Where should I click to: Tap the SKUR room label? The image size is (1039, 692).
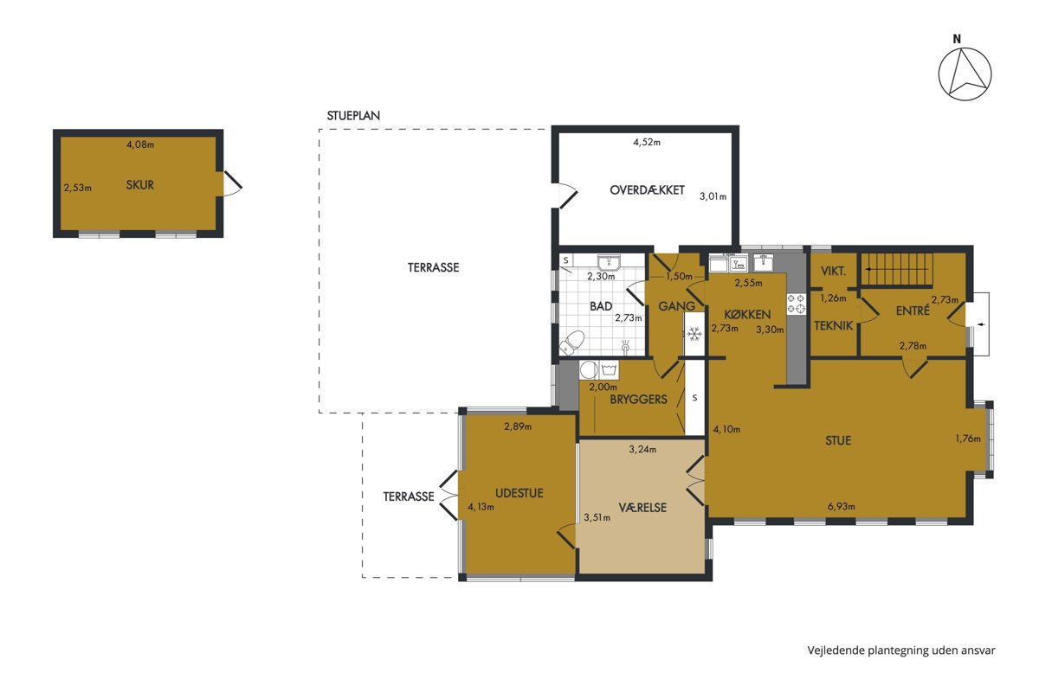[x=139, y=185]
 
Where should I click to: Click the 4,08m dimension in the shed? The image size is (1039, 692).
[x=140, y=144]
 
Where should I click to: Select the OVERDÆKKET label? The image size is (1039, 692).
[x=647, y=190]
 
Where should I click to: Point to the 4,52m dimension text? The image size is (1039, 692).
[x=647, y=143]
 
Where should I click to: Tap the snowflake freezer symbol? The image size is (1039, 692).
[x=694, y=334]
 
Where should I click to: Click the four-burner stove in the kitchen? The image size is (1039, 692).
[x=796, y=303]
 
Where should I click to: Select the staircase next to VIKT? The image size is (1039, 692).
[x=897, y=269]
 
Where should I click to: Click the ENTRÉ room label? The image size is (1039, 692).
[x=913, y=311]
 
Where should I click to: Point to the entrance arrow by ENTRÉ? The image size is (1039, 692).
[x=981, y=324]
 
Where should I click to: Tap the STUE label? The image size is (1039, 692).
[x=838, y=440]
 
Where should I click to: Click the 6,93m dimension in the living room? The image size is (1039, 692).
[x=842, y=507]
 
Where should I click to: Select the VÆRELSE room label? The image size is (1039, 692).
[x=642, y=508]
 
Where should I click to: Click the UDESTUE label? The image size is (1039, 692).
[x=519, y=493]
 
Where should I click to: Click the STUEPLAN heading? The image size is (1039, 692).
[x=353, y=116]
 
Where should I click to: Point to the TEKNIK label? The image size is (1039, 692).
[x=834, y=326]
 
